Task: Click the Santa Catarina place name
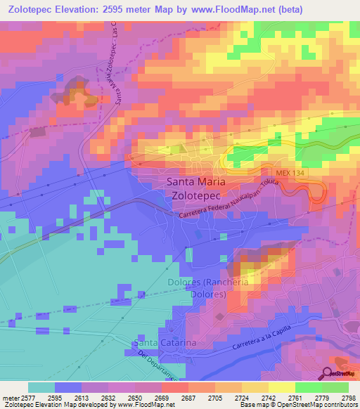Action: coord(164,342)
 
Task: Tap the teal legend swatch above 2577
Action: coord(41,387)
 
